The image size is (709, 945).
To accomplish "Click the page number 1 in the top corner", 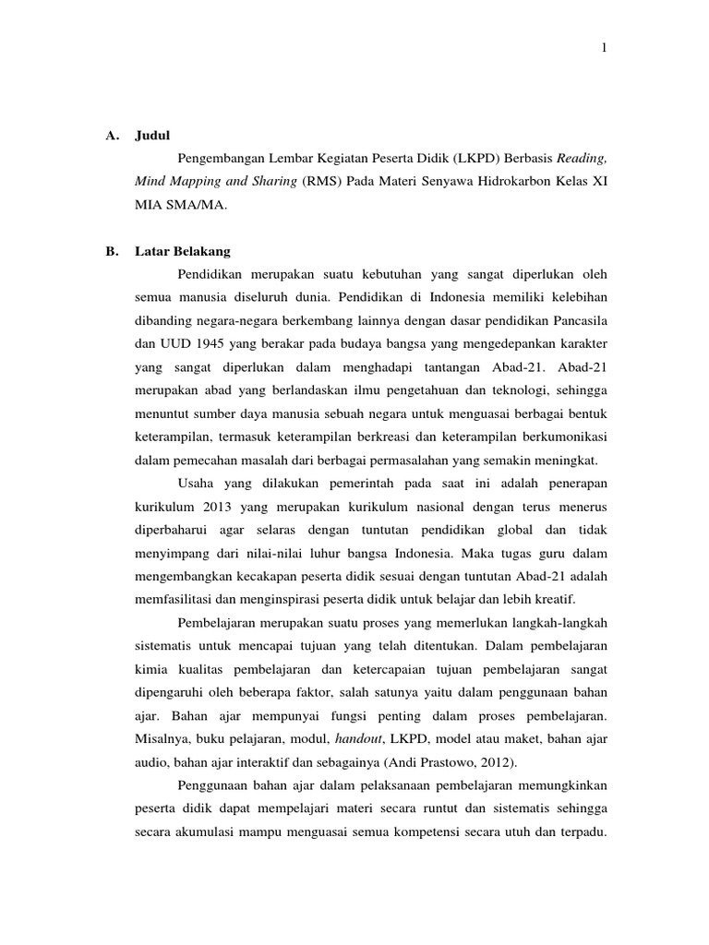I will pos(603,49).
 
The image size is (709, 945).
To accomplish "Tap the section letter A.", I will pos(110,134).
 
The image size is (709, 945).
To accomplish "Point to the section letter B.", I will pos(110,251).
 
